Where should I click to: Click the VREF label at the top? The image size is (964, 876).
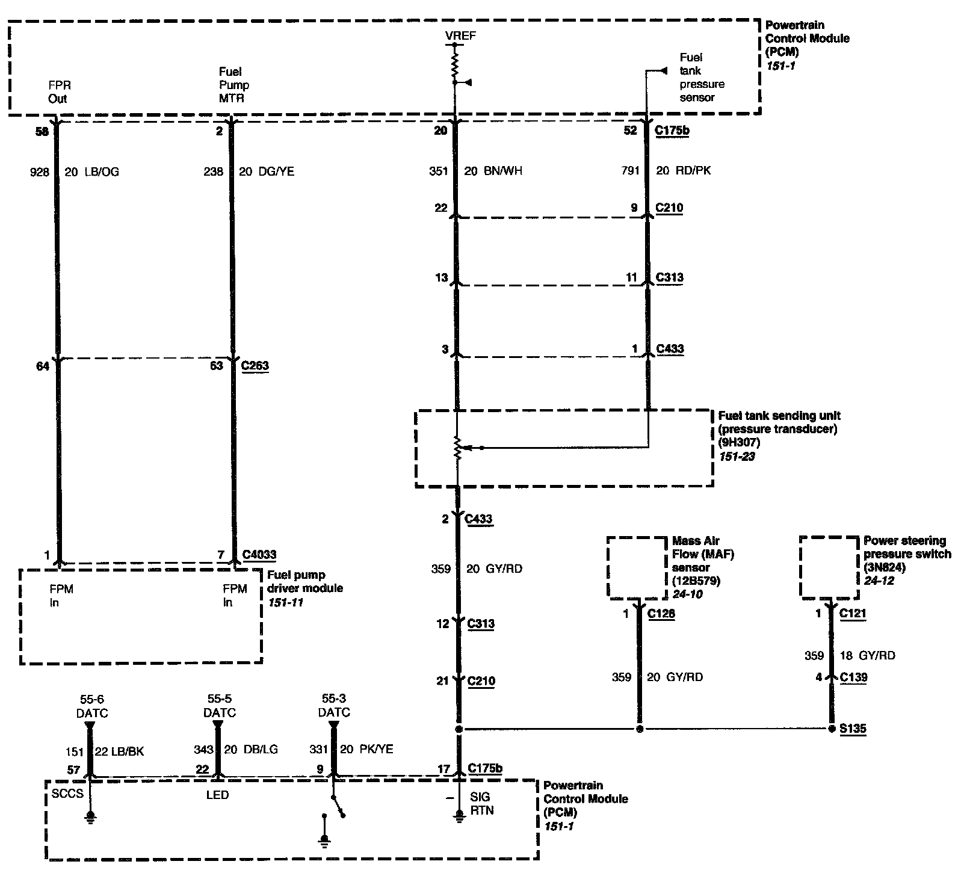pyautogui.click(x=460, y=35)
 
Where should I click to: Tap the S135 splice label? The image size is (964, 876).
pyautogui.click(x=854, y=729)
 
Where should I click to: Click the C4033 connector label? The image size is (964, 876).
pyautogui.click(x=259, y=554)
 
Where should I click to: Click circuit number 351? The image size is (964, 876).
pyautogui.click(x=438, y=171)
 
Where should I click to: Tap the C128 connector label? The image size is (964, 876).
pyautogui.click(x=661, y=614)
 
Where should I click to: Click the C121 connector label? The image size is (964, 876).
pyautogui.click(x=853, y=614)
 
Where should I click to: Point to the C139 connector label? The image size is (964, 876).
pyautogui.click(x=853, y=677)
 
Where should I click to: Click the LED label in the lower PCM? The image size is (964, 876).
pyautogui.click(x=217, y=795)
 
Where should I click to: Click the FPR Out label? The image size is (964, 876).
pyautogui.click(x=58, y=92)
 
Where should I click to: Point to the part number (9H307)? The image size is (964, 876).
pyautogui.click(x=740, y=442)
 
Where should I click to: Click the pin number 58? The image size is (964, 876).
pyautogui.click(x=42, y=132)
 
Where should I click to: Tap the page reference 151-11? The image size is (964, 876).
pyautogui.click(x=286, y=601)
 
